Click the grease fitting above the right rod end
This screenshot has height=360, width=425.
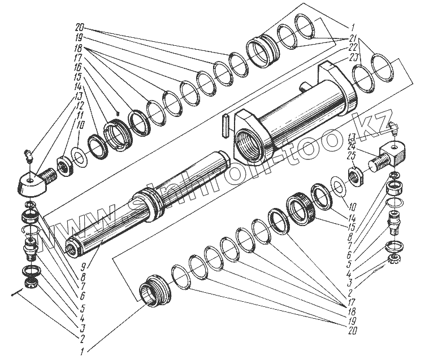[x=393, y=130]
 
